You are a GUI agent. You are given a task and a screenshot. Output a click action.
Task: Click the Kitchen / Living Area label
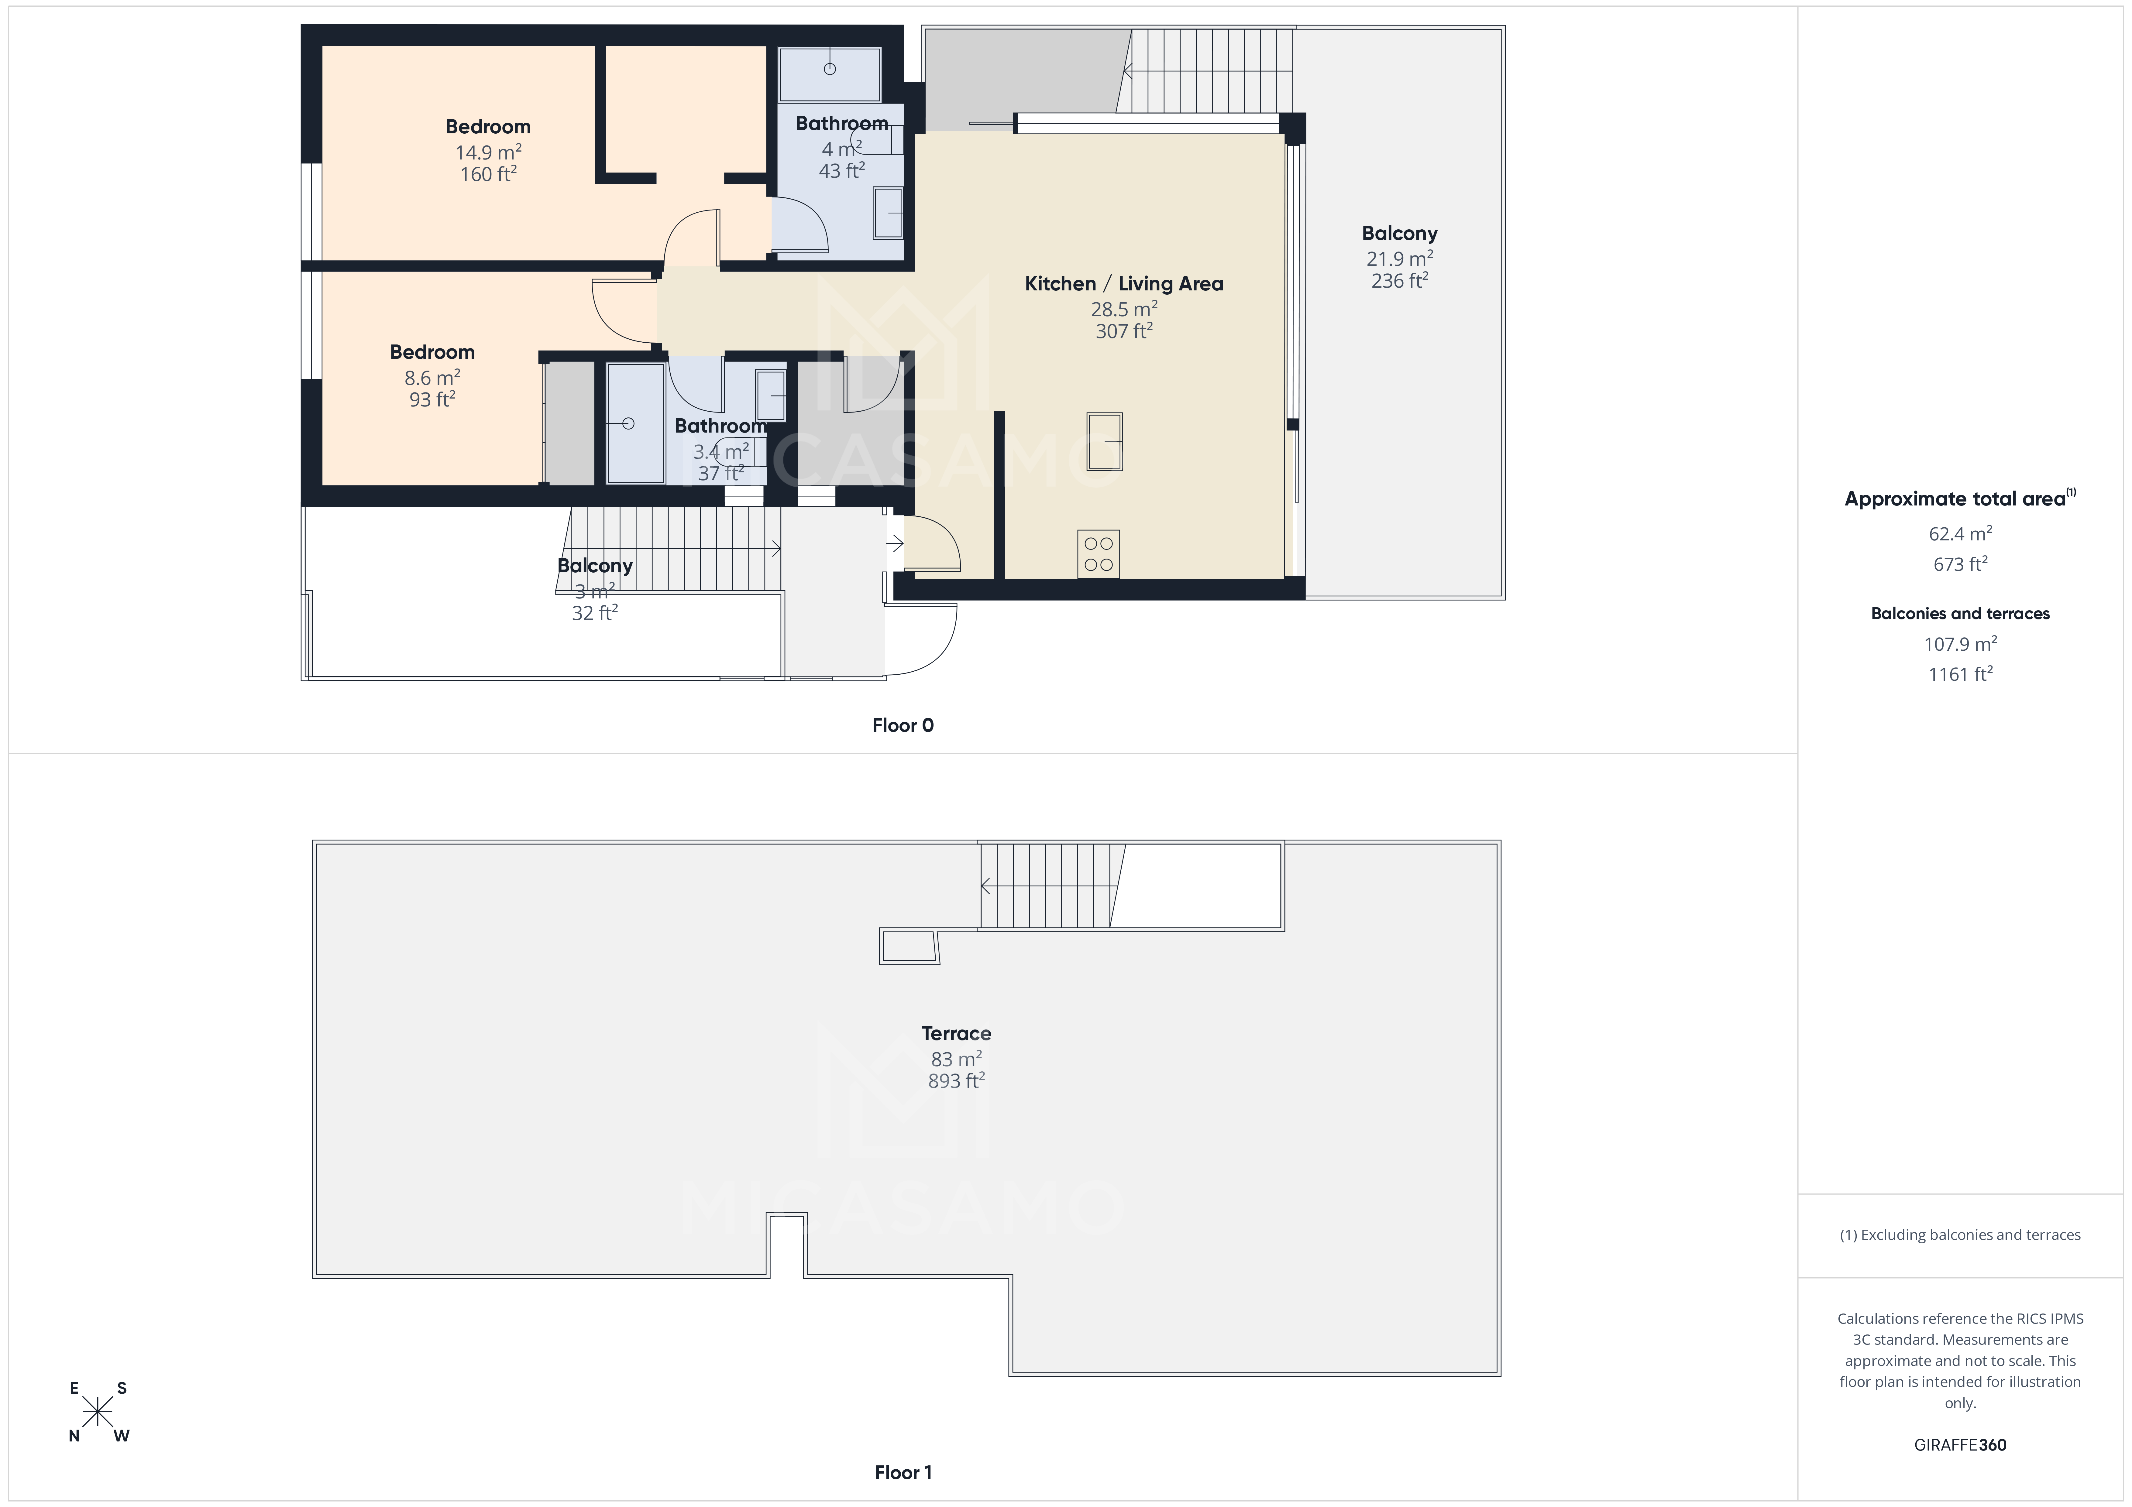tap(1123, 284)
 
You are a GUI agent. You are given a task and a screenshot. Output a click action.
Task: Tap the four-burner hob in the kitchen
tap(1099, 554)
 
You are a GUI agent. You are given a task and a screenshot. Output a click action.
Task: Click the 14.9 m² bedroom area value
tap(487, 152)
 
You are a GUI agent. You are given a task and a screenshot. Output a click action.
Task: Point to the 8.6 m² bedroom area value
tap(432, 378)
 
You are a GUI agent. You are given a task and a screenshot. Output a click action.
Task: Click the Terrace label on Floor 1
tap(955, 1033)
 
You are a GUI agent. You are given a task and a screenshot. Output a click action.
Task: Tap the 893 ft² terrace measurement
tap(955, 1081)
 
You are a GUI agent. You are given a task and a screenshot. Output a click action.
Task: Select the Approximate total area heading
tap(1955, 499)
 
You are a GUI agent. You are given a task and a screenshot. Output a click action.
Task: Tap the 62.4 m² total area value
tap(1959, 534)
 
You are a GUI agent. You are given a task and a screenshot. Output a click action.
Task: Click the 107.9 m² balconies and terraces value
tap(1959, 643)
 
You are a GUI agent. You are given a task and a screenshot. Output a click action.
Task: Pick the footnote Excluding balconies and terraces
tap(1959, 1235)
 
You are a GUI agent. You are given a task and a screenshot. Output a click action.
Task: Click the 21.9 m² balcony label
tap(1398, 259)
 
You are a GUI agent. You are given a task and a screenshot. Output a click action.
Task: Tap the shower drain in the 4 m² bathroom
tap(829, 69)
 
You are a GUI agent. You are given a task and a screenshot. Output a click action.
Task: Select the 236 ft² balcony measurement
tap(1398, 280)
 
